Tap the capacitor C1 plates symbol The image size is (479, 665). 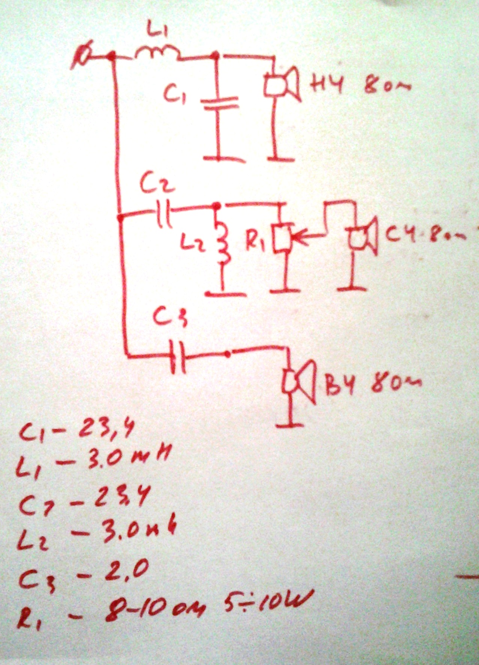point(220,103)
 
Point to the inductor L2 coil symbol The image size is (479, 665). point(223,243)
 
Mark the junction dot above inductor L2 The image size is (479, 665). point(216,206)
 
